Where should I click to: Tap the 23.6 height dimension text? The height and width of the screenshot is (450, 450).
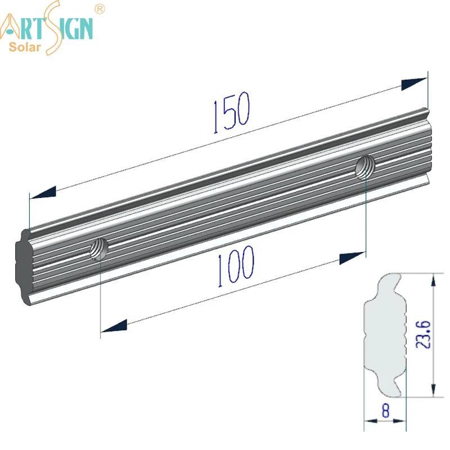pos(424,334)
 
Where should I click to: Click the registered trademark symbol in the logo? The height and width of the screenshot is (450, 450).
pos(101,9)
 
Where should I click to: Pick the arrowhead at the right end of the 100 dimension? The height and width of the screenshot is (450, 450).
pos(352,257)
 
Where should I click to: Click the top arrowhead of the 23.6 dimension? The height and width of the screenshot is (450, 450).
pos(433,282)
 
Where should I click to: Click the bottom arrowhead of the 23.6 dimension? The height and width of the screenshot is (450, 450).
pos(433,388)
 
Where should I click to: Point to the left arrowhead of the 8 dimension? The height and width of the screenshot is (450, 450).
pos(370,420)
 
